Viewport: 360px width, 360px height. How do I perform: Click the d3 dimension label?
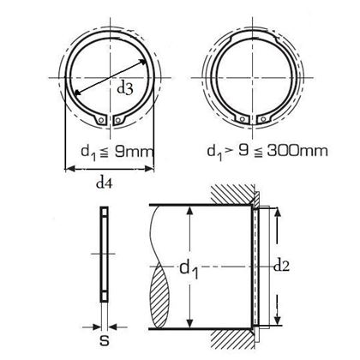(x=125, y=89)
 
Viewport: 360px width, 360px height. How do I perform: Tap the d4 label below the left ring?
(x=105, y=183)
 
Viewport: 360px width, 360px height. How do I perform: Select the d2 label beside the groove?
(x=281, y=267)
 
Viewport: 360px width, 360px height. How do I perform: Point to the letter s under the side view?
(x=105, y=341)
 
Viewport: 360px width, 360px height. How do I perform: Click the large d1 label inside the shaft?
(x=189, y=269)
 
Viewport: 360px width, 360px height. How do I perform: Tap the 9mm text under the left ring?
(x=134, y=152)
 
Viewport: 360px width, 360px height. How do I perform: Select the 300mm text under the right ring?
(x=297, y=151)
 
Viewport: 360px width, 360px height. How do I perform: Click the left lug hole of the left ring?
(x=101, y=121)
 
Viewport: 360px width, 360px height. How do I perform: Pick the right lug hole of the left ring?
(x=117, y=121)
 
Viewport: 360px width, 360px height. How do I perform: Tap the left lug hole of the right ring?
(x=243, y=119)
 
